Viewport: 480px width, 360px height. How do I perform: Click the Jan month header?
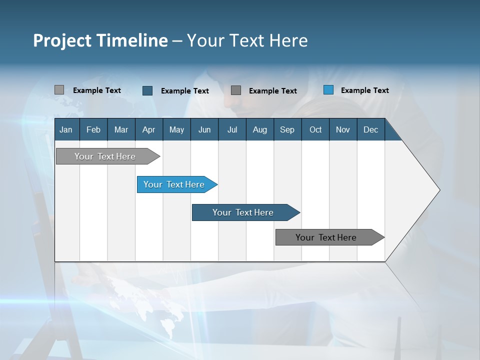[x=66, y=129]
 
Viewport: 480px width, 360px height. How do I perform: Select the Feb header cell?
[x=93, y=129]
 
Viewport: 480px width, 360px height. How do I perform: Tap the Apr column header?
[x=148, y=129]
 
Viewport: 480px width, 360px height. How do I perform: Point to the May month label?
[x=176, y=129]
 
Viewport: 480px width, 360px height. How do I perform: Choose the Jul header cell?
[x=232, y=129]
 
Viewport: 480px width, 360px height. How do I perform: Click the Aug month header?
[x=259, y=129]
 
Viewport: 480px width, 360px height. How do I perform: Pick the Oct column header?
[x=315, y=129]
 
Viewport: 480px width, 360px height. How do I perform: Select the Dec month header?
[x=370, y=129]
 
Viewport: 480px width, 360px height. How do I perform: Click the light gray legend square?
[x=59, y=90]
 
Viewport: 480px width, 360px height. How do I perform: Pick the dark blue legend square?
[x=147, y=90]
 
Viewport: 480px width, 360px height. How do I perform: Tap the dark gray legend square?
[x=236, y=90]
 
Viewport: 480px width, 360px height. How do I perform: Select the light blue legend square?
[x=328, y=90]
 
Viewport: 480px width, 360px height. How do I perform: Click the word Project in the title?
[x=63, y=40]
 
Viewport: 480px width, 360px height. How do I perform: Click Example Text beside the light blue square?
[x=364, y=90]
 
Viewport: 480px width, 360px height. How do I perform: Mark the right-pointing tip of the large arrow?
[x=438, y=190]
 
